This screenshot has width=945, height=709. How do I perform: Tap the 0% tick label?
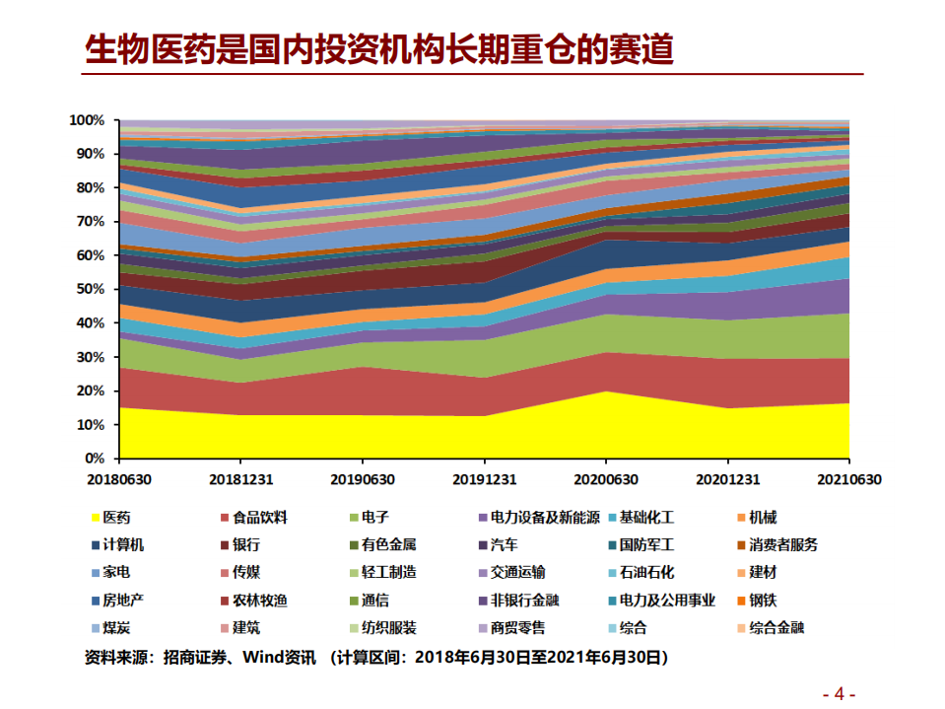pos(95,459)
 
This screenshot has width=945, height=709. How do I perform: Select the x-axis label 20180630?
pos(119,479)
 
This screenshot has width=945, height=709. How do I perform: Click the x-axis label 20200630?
pos(606,479)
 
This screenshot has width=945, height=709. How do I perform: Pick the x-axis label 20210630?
pos(848,479)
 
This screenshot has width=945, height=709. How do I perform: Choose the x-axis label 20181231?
pos(240,479)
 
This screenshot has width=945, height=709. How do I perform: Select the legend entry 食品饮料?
pos(260,517)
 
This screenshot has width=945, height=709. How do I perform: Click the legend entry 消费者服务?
pos(783,544)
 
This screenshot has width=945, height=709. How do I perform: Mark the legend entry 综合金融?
pos(776,627)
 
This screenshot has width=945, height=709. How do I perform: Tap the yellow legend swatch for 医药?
pos(95,518)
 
